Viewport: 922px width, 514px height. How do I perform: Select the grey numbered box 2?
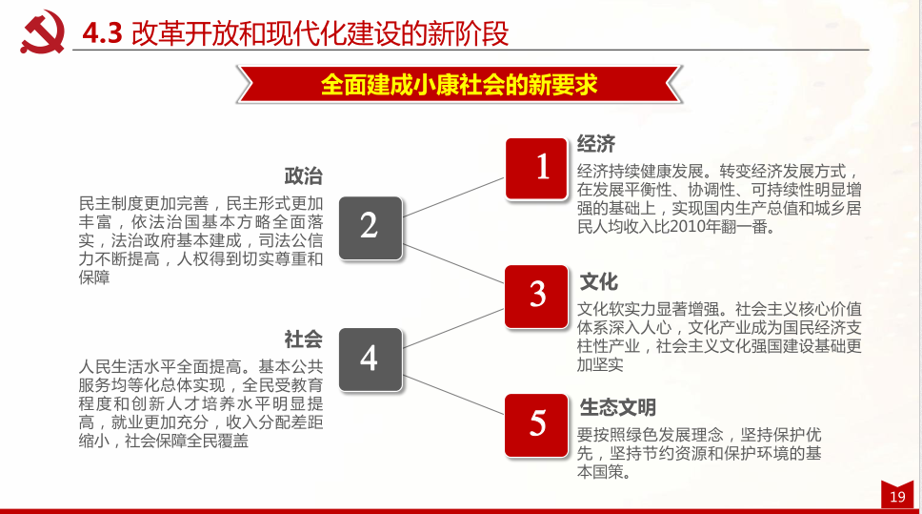tap(370, 227)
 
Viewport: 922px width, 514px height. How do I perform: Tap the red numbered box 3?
tap(538, 296)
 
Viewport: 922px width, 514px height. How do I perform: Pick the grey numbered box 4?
tap(370, 359)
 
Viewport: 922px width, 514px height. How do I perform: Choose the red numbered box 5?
tap(538, 422)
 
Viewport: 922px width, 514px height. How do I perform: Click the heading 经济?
tap(596, 144)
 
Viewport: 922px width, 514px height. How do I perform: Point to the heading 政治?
tap(304, 176)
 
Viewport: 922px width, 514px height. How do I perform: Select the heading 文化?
tap(599, 281)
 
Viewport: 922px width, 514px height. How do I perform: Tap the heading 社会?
tap(304, 339)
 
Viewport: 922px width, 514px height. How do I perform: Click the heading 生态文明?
tap(618, 408)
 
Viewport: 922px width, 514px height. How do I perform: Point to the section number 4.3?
tap(103, 34)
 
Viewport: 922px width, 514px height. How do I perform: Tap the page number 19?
tap(897, 497)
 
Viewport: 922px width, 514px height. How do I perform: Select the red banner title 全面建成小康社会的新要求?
tap(459, 84)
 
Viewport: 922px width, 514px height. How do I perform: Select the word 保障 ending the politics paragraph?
tap(95, 278)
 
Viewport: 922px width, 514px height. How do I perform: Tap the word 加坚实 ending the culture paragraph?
tap(600, 364)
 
